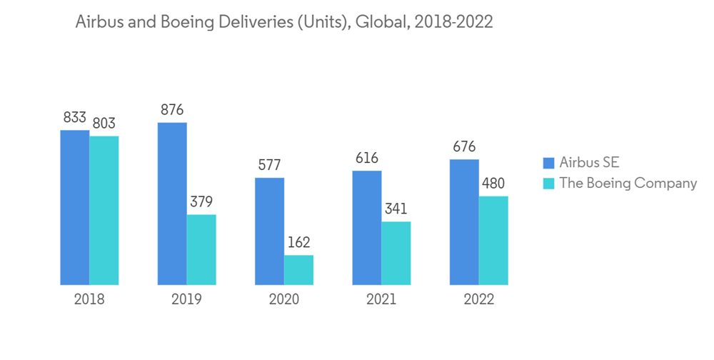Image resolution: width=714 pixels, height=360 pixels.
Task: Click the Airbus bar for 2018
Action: [74, 207]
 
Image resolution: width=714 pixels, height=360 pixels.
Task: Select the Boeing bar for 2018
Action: [104, 210]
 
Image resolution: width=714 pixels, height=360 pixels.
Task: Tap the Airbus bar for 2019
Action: [172, 204]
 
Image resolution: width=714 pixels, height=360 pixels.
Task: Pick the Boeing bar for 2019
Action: [201, 249]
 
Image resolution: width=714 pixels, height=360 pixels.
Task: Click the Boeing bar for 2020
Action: [298, 269]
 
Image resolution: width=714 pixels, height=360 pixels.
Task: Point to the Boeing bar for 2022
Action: [493, 240]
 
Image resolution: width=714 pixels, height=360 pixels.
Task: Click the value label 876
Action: [172, 110]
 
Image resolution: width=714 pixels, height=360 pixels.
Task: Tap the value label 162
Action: [298, 242]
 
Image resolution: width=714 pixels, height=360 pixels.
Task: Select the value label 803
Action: [104, 124]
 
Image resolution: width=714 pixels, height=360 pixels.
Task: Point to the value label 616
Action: [366, 158]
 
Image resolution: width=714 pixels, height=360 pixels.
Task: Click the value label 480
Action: [493, 184]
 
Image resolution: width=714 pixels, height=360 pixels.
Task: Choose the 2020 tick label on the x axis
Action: [283, 299]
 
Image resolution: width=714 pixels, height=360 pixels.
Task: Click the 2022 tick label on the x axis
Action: [478, 299]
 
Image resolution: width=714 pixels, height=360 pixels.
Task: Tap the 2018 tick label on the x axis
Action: [89, 299]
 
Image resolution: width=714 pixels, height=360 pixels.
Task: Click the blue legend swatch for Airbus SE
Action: [548, 162]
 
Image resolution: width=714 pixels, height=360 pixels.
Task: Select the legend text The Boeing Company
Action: [628, 183]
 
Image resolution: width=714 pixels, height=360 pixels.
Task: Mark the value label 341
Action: [396, 209]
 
